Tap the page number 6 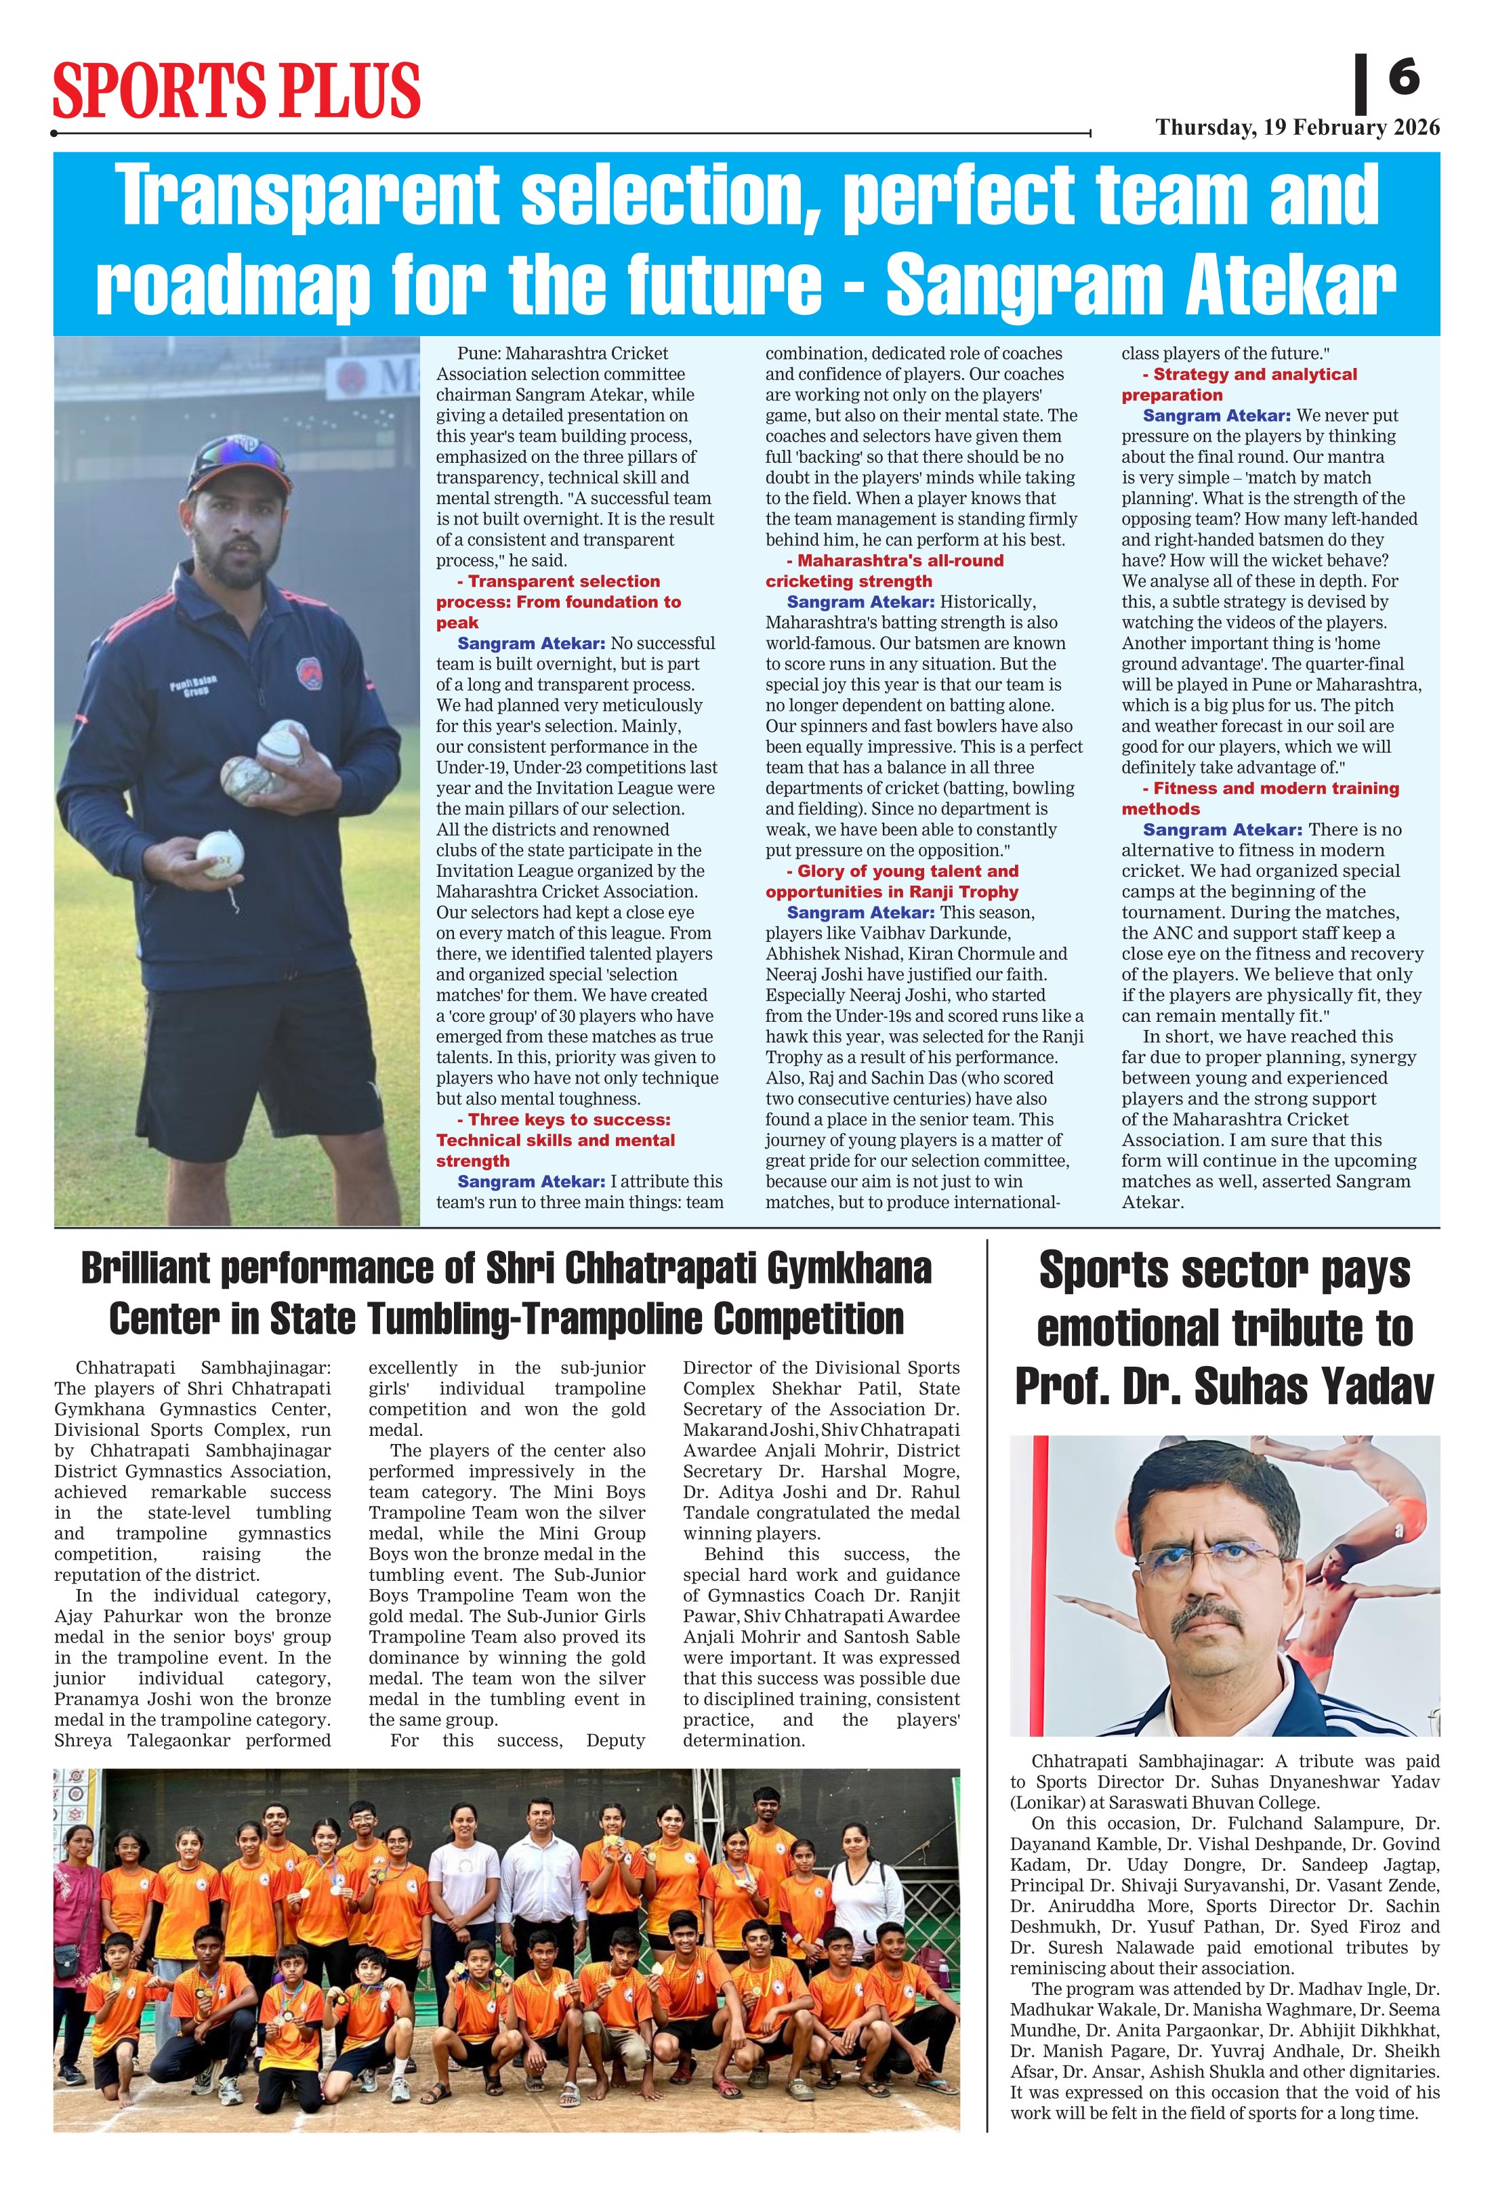(x=1404, y=77)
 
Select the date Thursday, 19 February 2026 (x=1298, y=128)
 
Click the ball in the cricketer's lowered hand (x=220, y=854)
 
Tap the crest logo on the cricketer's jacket (x=309, y=672)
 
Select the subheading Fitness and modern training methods (x=1262, y=798)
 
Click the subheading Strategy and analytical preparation (x=1241, y=384)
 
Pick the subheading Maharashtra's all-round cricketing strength (x=884, y=571)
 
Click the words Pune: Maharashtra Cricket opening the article (x=562, y=354)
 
